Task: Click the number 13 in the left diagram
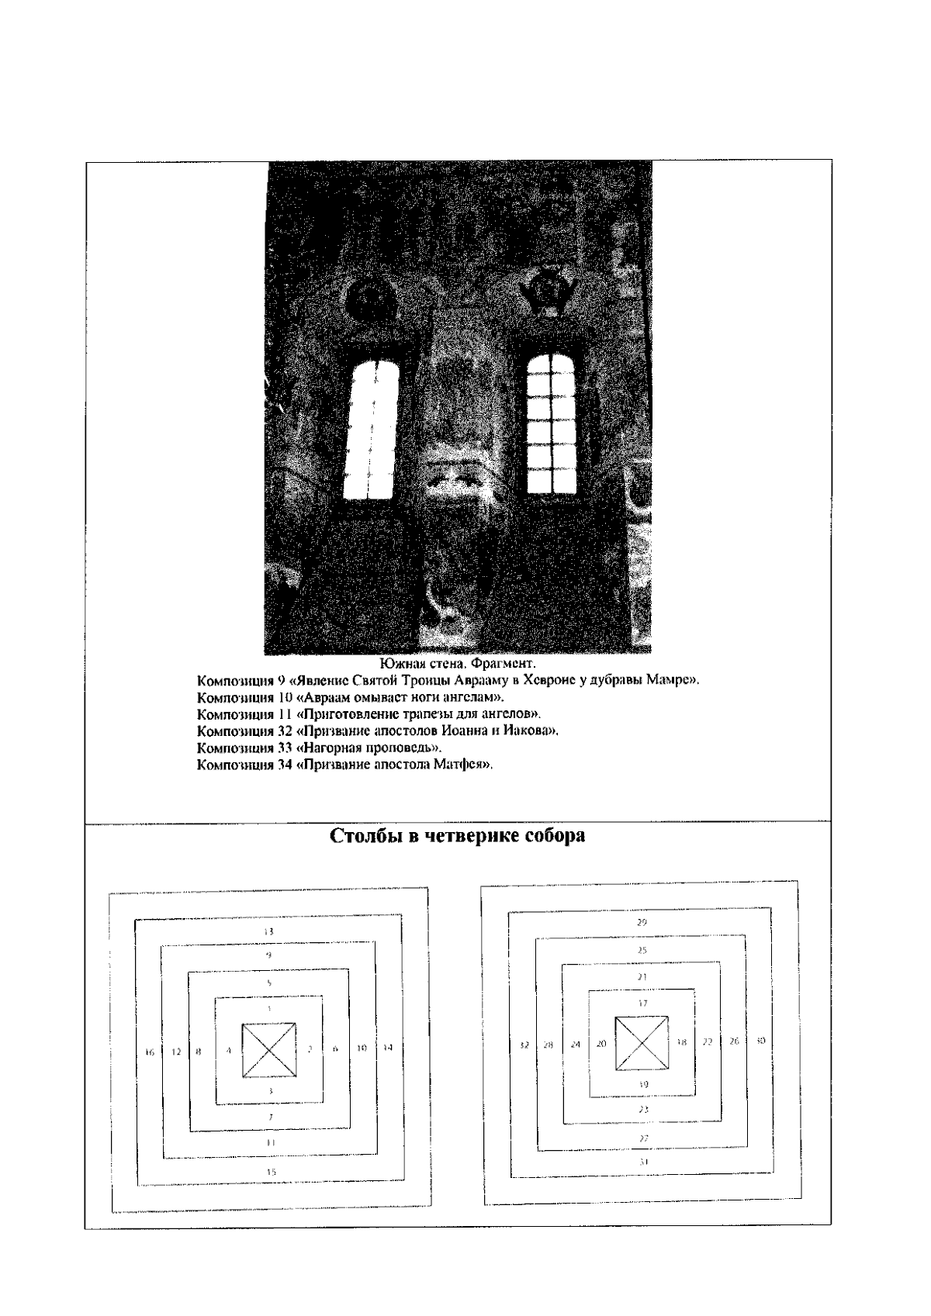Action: (268, 931)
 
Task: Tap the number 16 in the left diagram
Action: (150, 1052)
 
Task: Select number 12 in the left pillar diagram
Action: (176, 1052)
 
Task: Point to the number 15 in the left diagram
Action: (271, 1173)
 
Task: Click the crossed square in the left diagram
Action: (269, 1050)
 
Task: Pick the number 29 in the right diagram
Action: (642, 922)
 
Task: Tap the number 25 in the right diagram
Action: (642, 950)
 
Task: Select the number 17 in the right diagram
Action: (642, 1003)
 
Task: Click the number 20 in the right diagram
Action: (601, 1044)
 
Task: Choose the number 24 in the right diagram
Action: (576, 1044)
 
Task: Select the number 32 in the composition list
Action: (284, 731)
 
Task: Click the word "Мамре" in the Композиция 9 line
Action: (672, 681)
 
